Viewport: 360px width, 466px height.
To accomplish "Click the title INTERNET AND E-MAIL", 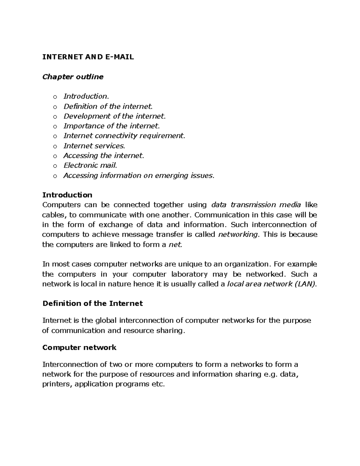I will pyautogui.click(x=88, y=57).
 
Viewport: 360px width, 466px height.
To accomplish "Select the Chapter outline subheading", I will pyautogui.click(x=73, y=77).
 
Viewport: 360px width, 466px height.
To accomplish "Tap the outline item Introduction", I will pyautogui.click(x=86, y=96).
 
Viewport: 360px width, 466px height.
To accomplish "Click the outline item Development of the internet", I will pyautogui.click(x=114, y=116).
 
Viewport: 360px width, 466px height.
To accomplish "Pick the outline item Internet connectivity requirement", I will pyautogui.click(x=124, y=136).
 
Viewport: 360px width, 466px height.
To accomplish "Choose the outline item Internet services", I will pyautogui.click(x=94, y=146).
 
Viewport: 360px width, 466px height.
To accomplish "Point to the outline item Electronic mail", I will pyautogui.click(x=90, y=165).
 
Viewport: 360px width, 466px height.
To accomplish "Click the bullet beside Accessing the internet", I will pyautogui.click(x=55, y=156).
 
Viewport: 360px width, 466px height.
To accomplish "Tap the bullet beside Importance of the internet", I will pyautogui.click(x=55, y=126).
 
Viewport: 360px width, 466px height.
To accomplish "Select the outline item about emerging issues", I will pyautogui.click(x=139, y=176).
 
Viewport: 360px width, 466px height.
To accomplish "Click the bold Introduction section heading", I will pyautogui.click(x=67, y=195).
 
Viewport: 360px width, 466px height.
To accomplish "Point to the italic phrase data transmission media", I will pyautogui.click(x=256, y=205).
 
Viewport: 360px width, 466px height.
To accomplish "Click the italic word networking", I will pyautogui.click(x=238, y=234).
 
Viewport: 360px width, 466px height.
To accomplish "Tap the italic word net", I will pyautogui.click(x=175, y=245).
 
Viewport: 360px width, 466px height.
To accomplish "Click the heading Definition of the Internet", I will pyautogui.click(x=92, y=303).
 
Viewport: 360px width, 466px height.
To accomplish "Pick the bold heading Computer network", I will pyautogui.click(x=79, y=347).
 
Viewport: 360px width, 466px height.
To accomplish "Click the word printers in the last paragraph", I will pyautogui.click(x=56, y=384).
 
